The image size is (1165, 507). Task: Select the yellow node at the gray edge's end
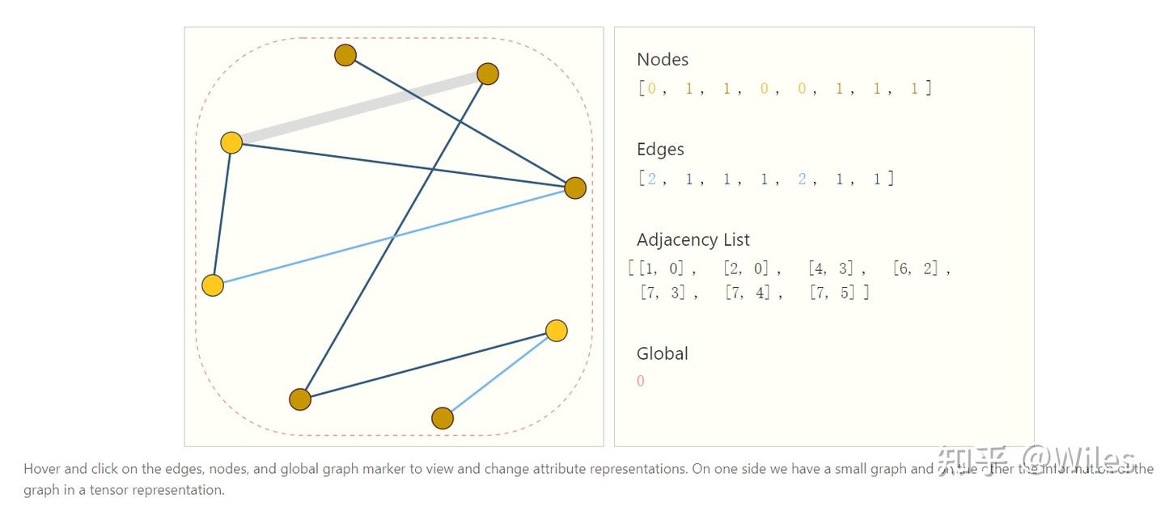(231, 143)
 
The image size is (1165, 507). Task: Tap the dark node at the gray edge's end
(487, 74)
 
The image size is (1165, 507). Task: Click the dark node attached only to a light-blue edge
(443, 418)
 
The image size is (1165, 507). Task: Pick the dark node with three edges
(574, 188)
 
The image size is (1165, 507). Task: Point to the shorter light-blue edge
(499, 374)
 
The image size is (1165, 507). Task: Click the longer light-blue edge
(393, 237)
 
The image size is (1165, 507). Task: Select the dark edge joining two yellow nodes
(222, 213)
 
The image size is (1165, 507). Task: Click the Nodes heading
(663, 59)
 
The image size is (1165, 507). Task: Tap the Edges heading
(660, 150)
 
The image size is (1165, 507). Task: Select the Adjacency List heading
(693, 239)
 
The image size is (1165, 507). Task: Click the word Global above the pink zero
(662, 353)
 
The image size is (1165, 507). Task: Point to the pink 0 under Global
(641, 381)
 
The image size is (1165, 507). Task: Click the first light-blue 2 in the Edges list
(652, 179)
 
